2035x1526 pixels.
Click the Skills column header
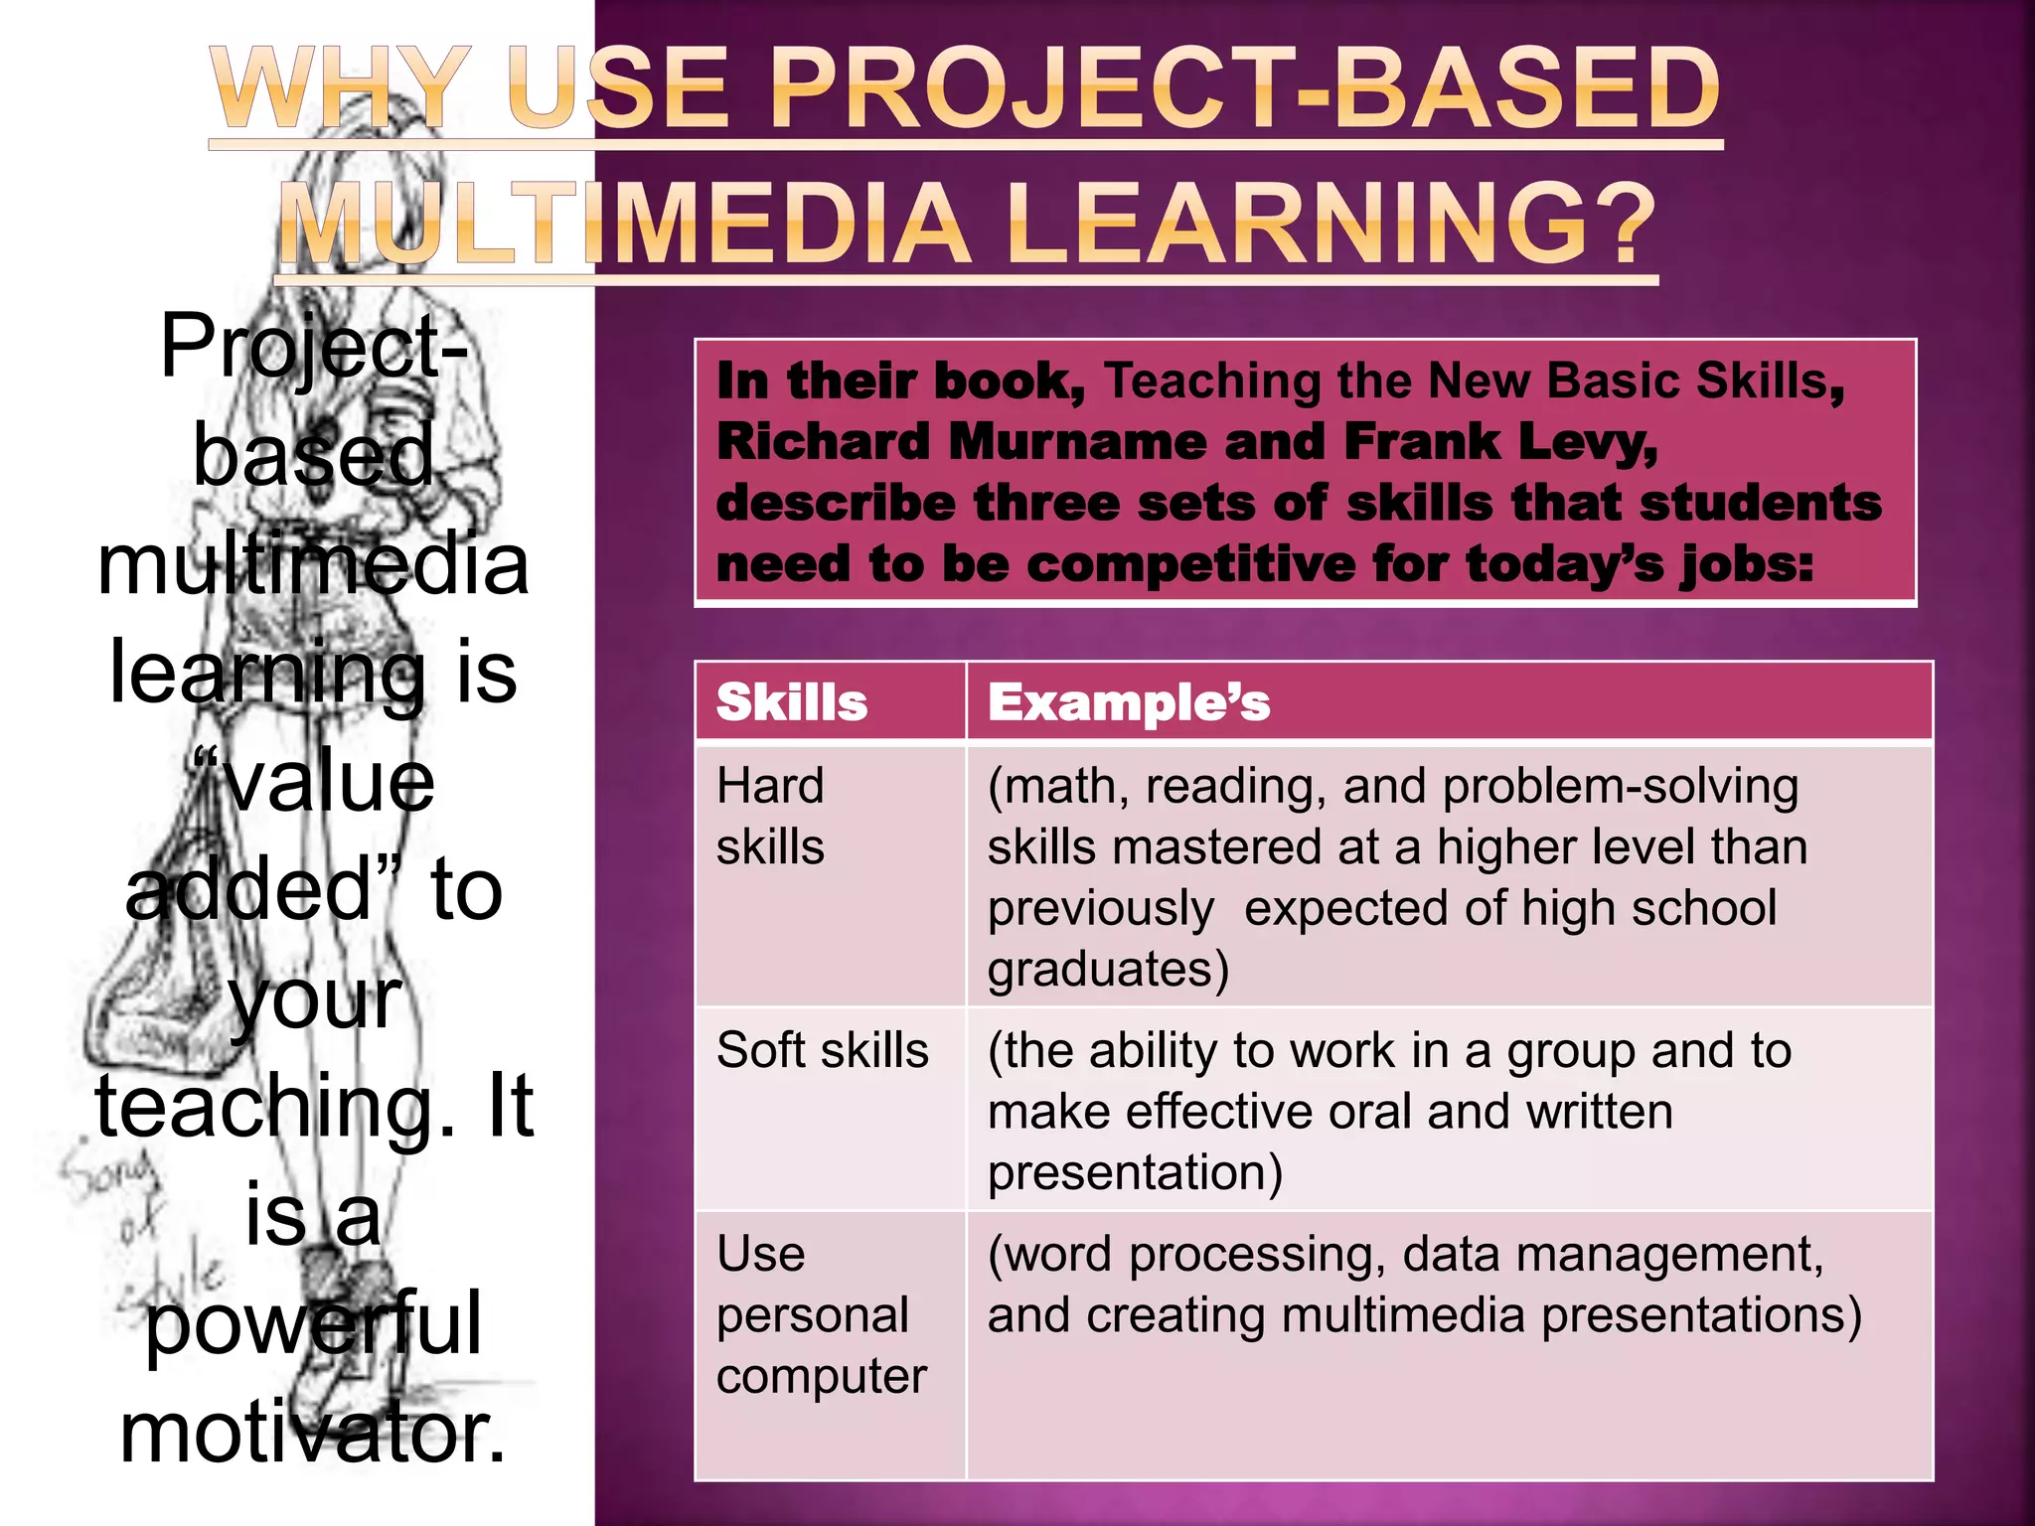point(792,702)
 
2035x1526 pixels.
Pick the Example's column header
point(1129,702)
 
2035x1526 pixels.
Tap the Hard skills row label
point(771,817)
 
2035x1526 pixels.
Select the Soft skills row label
point(823,1050)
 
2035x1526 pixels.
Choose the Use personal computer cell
point(821,1314)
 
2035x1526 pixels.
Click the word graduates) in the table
point(1108,970)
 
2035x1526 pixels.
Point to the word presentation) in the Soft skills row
point(1135,1172)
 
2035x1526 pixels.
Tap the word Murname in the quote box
point(1077,442)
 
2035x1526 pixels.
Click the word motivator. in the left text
point(313,1433)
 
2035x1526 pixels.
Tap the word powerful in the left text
point(313,1324)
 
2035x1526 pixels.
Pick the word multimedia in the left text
point(313,564)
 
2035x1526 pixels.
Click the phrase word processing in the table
point(1186,1255)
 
